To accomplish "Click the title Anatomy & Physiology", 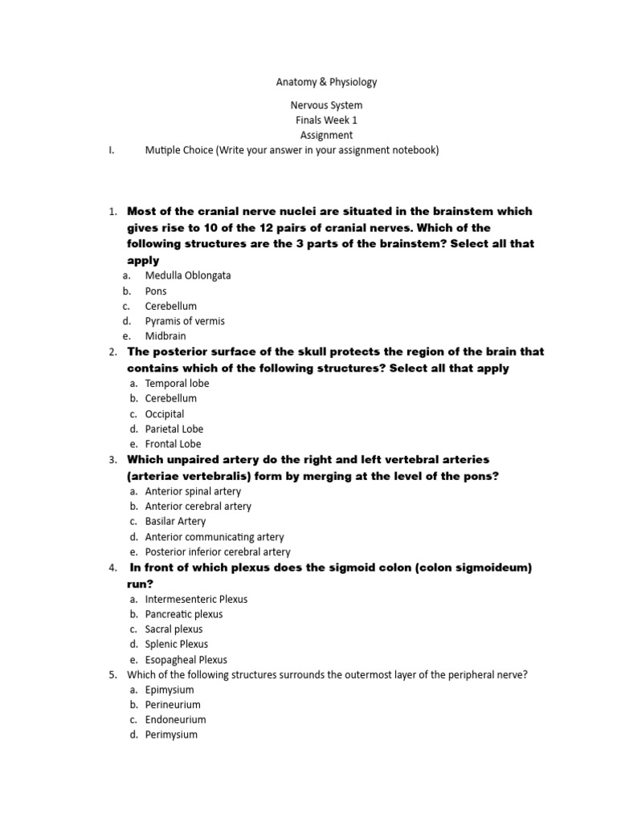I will pos(326,82).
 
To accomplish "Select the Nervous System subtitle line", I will pos(326,105).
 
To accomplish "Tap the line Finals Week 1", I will pos(326,120).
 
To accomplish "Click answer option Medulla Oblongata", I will pos(187,275).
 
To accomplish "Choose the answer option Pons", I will pos(156,291).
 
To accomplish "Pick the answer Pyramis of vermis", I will pos(185,321).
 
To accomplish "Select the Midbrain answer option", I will pos(163,336).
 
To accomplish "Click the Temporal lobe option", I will pos(177,384).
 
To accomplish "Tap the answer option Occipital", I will pos(165,414).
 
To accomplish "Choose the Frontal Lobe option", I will pos(173,444).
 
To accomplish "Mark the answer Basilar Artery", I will pos(175,522).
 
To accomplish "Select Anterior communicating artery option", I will pos(215,537).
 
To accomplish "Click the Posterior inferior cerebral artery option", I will pos(218,552).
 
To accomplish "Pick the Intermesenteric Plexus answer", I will pos(196,600).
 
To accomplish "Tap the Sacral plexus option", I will pos(174,629).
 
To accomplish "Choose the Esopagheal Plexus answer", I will pos(186,660).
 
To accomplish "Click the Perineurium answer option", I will pos(173,705).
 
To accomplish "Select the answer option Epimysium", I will pos(170,690).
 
